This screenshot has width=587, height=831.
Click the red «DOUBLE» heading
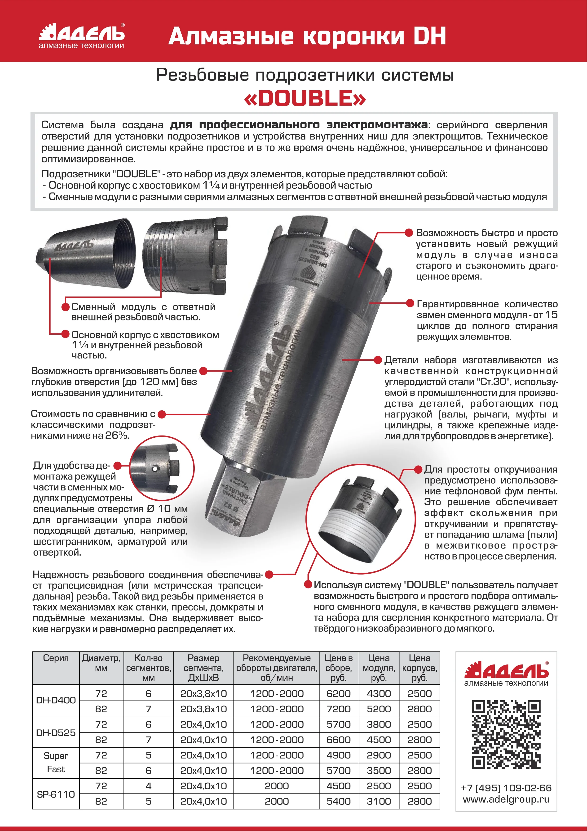click(x=305, y=99)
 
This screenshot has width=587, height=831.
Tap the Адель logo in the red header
click(x=82, y=36)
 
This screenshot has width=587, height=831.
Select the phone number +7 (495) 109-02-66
click(x=506, y=788)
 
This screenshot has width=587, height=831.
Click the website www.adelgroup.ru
click(x=506, y=799)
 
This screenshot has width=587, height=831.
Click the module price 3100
click(x=379, y=801)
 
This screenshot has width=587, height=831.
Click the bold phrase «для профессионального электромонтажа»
click(x=299, y=125)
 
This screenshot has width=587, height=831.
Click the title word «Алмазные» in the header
click(x=231, y=36)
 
